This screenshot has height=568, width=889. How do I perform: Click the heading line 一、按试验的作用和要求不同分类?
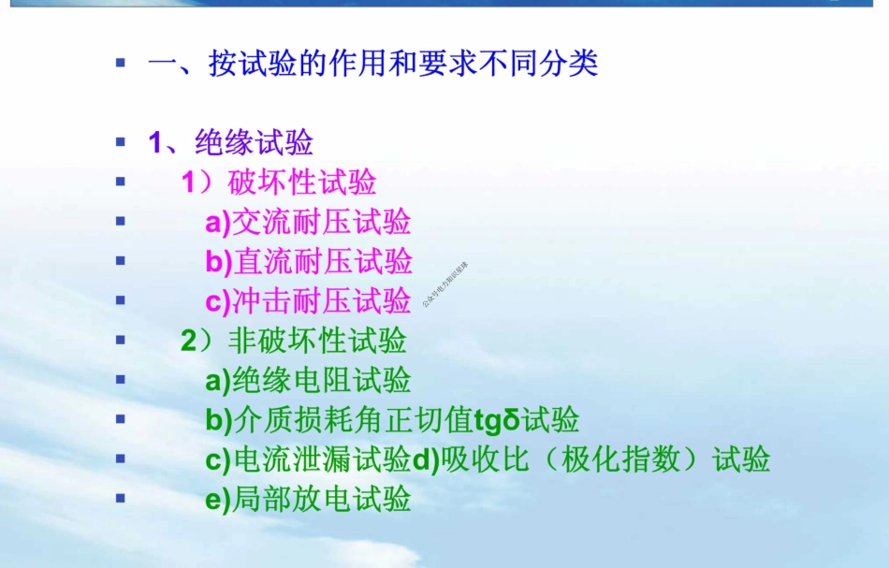click(x=372, y=64)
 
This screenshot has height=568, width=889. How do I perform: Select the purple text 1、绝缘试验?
click(x=230, y=143)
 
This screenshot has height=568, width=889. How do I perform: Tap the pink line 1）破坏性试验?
click(x=279, y=182)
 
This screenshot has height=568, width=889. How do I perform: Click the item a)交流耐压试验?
click(x=308, y=222)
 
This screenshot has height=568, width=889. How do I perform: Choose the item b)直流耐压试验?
click(x=308, y=262)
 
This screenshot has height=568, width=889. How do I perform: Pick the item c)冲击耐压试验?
click(x=308, y=301)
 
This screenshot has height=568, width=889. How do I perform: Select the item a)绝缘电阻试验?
click(x=308, y=381)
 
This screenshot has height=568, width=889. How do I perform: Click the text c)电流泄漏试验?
click(x=308, y=459)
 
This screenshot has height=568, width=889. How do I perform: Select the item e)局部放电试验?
click(x=308, y=499)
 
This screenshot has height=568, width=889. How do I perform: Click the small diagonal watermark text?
click(x=444, y=284)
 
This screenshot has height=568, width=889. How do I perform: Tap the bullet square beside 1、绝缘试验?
click(x=120, y=142)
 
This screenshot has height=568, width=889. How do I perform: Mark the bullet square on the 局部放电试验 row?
click(x=120, y=498)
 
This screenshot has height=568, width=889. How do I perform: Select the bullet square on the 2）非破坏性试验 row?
click(x=120, y=340)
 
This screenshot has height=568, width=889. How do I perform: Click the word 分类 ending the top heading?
click(x=574, y=64)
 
